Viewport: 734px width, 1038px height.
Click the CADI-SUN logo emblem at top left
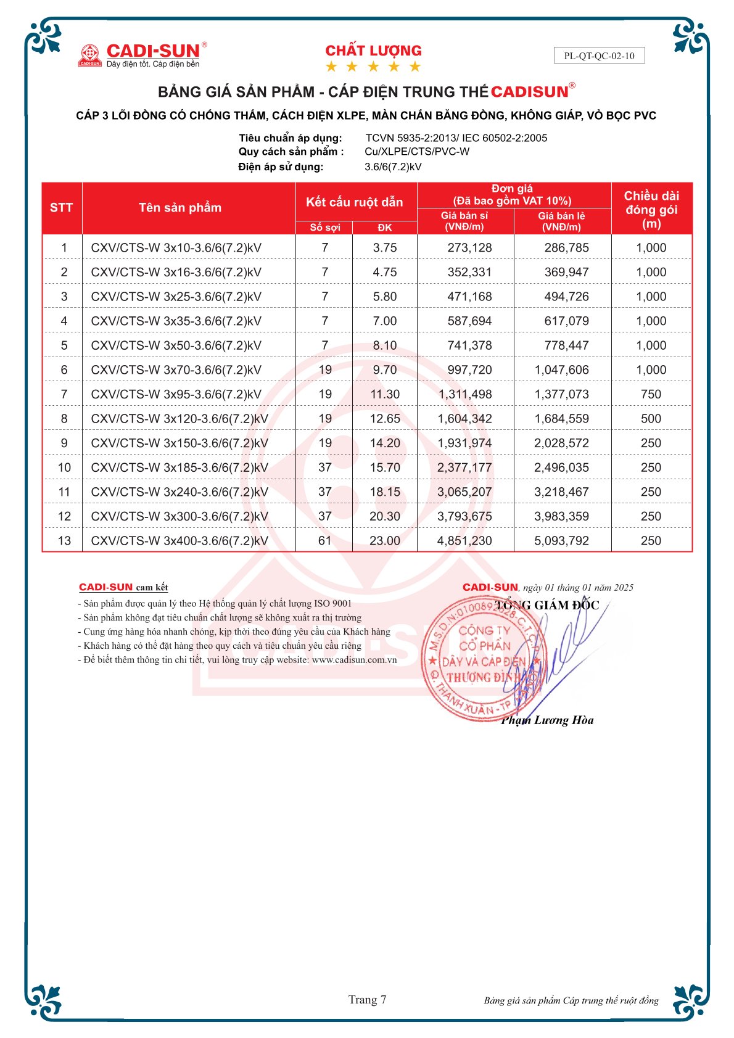pos(90,55)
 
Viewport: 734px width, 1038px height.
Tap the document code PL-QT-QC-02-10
pos(599,56)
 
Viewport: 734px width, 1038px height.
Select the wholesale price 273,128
pos(469,248)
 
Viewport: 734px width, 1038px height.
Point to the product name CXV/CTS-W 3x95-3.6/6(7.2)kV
pos(176,394)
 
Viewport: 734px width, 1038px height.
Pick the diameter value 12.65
pos(385,419)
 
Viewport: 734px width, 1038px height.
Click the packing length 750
pos(651,394)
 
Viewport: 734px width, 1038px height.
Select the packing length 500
pos(651,419)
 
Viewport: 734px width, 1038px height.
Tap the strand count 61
pos(325,541)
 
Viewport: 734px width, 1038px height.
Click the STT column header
pos(62,208)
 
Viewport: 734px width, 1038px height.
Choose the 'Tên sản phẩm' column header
pos(180,208)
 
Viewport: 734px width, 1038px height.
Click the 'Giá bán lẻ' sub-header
pos(561,221)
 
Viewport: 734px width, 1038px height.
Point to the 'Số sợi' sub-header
pos(325,228)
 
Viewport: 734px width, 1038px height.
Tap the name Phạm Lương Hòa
pos(547,720)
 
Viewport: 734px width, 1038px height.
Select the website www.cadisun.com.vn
pos(354,660)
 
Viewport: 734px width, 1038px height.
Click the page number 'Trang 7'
pos(367,1000)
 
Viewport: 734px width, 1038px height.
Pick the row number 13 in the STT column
pos(64,541)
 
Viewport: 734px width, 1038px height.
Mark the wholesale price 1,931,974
pos(464,443)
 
